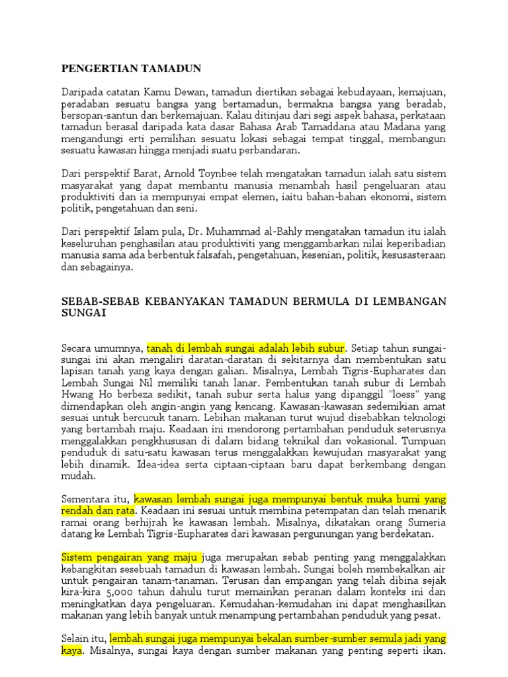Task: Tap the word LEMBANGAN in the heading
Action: click(409, 301)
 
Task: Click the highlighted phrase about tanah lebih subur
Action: click(246, 348)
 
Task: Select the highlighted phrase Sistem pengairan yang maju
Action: click(130, 557)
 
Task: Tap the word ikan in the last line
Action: click(435, 651)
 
